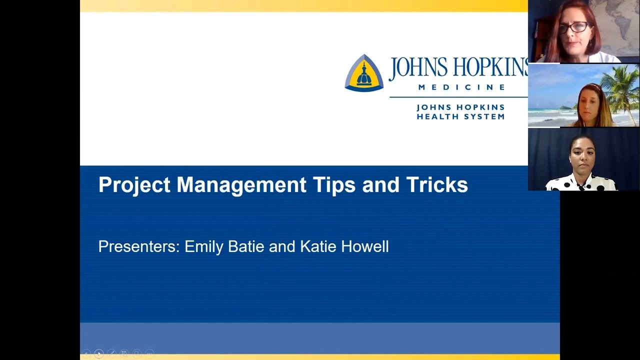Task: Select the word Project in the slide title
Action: (134, 185)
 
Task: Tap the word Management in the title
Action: (241, 185)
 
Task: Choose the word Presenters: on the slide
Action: (138, 246)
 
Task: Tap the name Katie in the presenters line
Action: (318, 246)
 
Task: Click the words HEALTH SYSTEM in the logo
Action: (460, 116)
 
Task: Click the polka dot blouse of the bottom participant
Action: (582, 183)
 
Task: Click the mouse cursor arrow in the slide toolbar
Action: (99, 354)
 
